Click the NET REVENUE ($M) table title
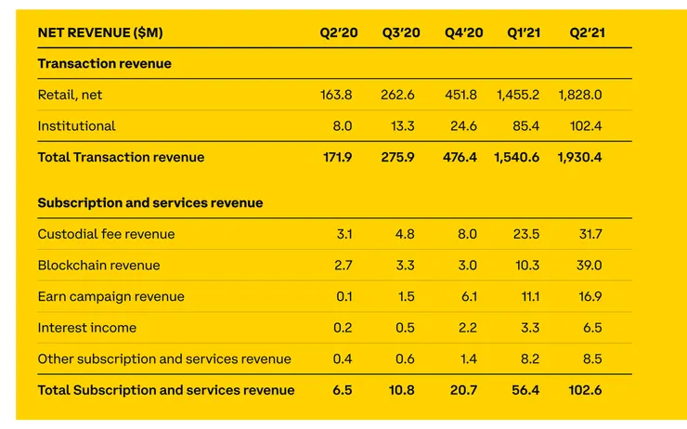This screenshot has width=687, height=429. click(x=100, y=32)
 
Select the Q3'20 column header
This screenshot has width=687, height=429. click(x=401, y=32)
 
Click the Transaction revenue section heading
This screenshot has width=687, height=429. click(x=105, y=64)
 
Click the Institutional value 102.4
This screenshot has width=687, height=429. click(x=584, y=125)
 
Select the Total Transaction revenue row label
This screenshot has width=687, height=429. click(x=121, y=157)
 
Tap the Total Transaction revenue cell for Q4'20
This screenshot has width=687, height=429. click(x=460, y=157)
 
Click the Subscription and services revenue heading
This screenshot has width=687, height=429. click(x=150, y=202)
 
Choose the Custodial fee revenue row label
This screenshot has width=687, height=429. click(x=106, y=234)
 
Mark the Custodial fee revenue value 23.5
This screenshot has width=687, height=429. click(x=525, y=234)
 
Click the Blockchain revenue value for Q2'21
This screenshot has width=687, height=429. click(x=588, y=266)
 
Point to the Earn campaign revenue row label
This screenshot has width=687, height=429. click(x=110, y=296)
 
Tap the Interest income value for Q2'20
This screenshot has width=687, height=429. click(x=342, y=328)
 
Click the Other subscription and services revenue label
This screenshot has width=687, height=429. click(x=164, y=358)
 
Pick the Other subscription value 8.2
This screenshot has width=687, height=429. click(x=529, y=358)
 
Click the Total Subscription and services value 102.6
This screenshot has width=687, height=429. click(x=584, y=390)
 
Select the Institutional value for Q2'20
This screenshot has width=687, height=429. click(x=342, y=125)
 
